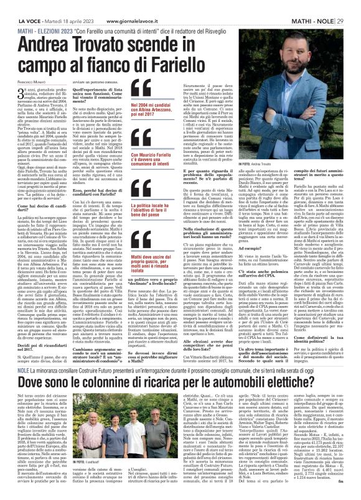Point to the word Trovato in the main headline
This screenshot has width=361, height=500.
pos(149,43)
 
